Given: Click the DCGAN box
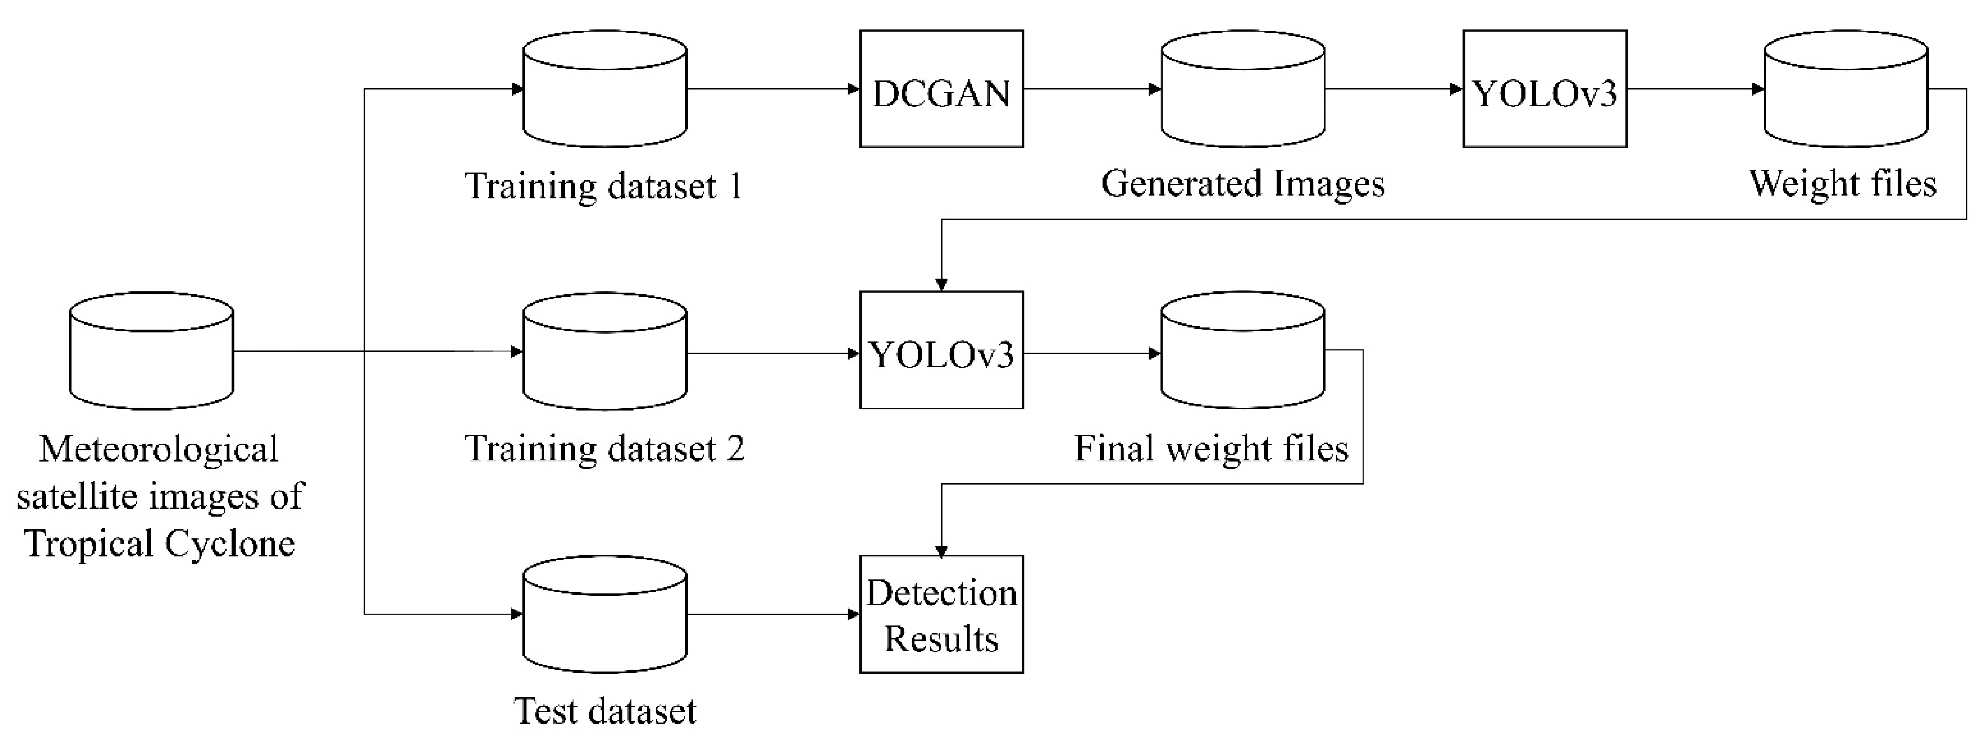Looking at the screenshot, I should coord(941,89).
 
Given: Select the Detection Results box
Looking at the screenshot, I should coord(941,614).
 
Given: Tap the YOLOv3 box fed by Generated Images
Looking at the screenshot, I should coord(1544,89).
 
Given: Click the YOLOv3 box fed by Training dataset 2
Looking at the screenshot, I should coord(941,350).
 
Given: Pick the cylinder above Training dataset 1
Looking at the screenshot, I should coord(604,89).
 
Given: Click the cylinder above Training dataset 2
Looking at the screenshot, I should coord(604,351).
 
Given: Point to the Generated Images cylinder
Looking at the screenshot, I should coord(1242,89).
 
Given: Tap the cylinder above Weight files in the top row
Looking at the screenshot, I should coord(1845,89).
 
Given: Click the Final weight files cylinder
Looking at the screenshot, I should coord(1242,350).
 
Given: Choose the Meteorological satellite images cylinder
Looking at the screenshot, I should coord(151,351).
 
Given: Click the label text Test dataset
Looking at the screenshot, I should coord(604,711).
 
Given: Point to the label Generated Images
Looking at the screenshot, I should coord(1242,184).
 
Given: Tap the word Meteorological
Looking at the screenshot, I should coord(158,449).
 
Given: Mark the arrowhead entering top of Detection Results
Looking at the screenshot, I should coord(941,550).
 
